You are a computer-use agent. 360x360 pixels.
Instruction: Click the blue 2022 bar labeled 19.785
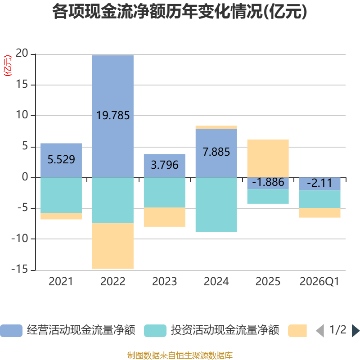pos(113,117)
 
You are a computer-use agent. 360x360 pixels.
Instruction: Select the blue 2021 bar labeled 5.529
pos(61,161)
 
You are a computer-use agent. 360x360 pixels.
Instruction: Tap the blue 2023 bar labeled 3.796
pos(165,166)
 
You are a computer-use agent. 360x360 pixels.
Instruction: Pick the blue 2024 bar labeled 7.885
pos(216,153)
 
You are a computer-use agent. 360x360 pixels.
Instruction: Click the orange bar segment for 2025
pos(268,158)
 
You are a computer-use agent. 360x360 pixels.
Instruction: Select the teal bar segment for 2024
pos(216,205)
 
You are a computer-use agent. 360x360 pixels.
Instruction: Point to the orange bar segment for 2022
pos(113,246)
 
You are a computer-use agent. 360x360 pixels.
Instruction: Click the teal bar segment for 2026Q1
pos(319,199)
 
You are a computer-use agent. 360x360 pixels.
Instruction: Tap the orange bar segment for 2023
pos(165,217)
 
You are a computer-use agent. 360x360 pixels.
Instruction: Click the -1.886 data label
pos(268,182)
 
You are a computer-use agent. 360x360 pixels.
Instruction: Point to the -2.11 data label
pos(319,183)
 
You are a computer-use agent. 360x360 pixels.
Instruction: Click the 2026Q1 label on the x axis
pos(319,282)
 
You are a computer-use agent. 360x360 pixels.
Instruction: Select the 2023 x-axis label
pos(165,282)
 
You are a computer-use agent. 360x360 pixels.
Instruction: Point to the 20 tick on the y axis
pos(22,53)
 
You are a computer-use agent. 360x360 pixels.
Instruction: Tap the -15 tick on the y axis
pos(20,269)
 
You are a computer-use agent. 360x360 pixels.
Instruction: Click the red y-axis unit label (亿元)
pos(8,66)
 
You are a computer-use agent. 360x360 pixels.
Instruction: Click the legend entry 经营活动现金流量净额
pos(68,330)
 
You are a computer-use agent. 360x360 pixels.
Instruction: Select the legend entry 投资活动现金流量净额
pos(211,330)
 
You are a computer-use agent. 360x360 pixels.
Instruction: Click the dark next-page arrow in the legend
pos(355,331)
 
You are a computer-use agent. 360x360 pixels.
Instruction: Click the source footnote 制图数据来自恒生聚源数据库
pos(180,355)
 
